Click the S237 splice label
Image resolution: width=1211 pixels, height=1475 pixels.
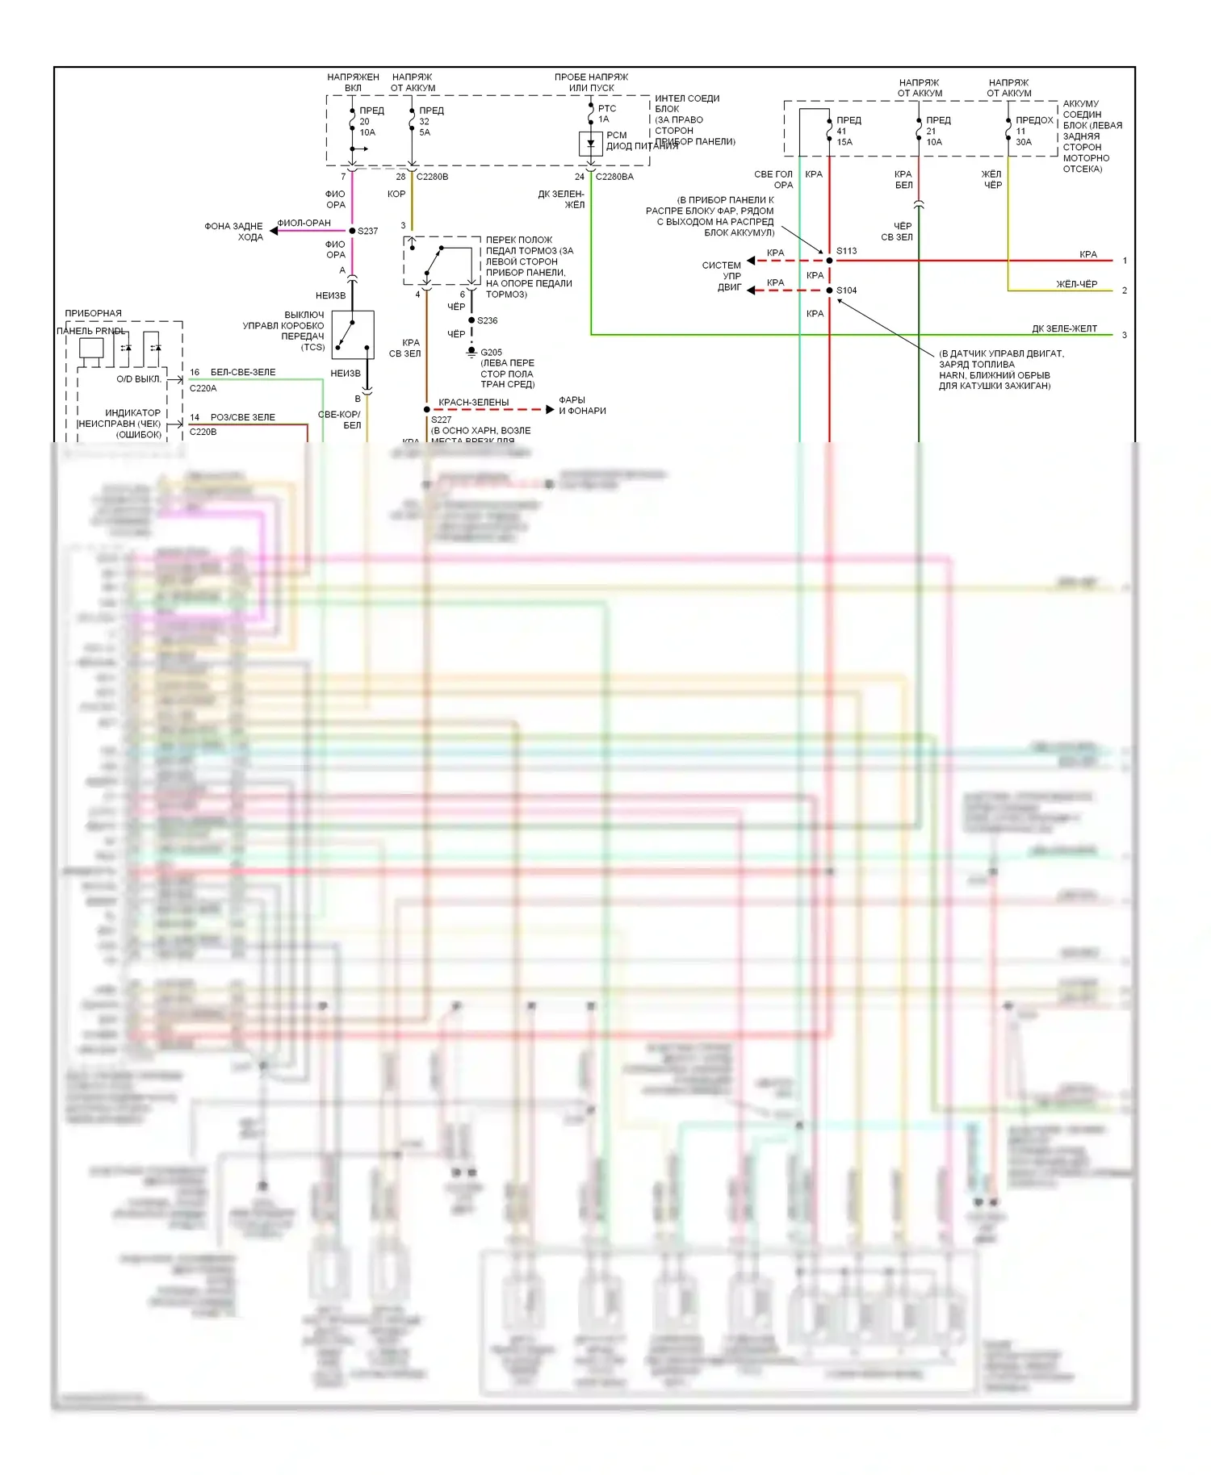[367, 231]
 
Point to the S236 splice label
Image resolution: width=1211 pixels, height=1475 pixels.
[487, 320]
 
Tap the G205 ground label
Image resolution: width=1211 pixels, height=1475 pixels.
[491, 353]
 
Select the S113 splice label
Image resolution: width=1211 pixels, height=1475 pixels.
[846, 251]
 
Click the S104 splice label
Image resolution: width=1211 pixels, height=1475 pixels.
[846, 290]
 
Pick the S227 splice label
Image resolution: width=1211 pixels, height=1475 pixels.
[441, 420]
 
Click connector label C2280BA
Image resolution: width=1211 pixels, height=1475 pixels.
[614, 177]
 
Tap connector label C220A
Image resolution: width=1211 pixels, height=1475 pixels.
[203, 388]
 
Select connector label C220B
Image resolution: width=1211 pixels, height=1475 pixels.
[203, 432]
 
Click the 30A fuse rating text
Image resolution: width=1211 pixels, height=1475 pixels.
[1023, 142]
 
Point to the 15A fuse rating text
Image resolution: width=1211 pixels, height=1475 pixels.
[844, 142]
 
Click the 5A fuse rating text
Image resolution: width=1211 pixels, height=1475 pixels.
[425, 132]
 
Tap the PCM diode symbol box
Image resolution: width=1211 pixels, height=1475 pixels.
[591, 144]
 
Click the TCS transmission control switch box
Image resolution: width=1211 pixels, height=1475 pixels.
[353, 334]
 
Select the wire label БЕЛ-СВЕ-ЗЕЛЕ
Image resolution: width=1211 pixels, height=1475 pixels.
[242, 372]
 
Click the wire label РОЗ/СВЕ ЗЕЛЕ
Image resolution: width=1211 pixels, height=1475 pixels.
[242, 417]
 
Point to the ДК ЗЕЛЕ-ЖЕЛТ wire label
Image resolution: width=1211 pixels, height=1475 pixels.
[1064, 328]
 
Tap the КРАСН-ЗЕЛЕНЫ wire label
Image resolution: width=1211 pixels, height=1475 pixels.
[473, 402]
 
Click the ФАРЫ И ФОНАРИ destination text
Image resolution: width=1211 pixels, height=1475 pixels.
[581, 405]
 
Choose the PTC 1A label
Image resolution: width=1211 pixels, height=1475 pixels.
[606, 114]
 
